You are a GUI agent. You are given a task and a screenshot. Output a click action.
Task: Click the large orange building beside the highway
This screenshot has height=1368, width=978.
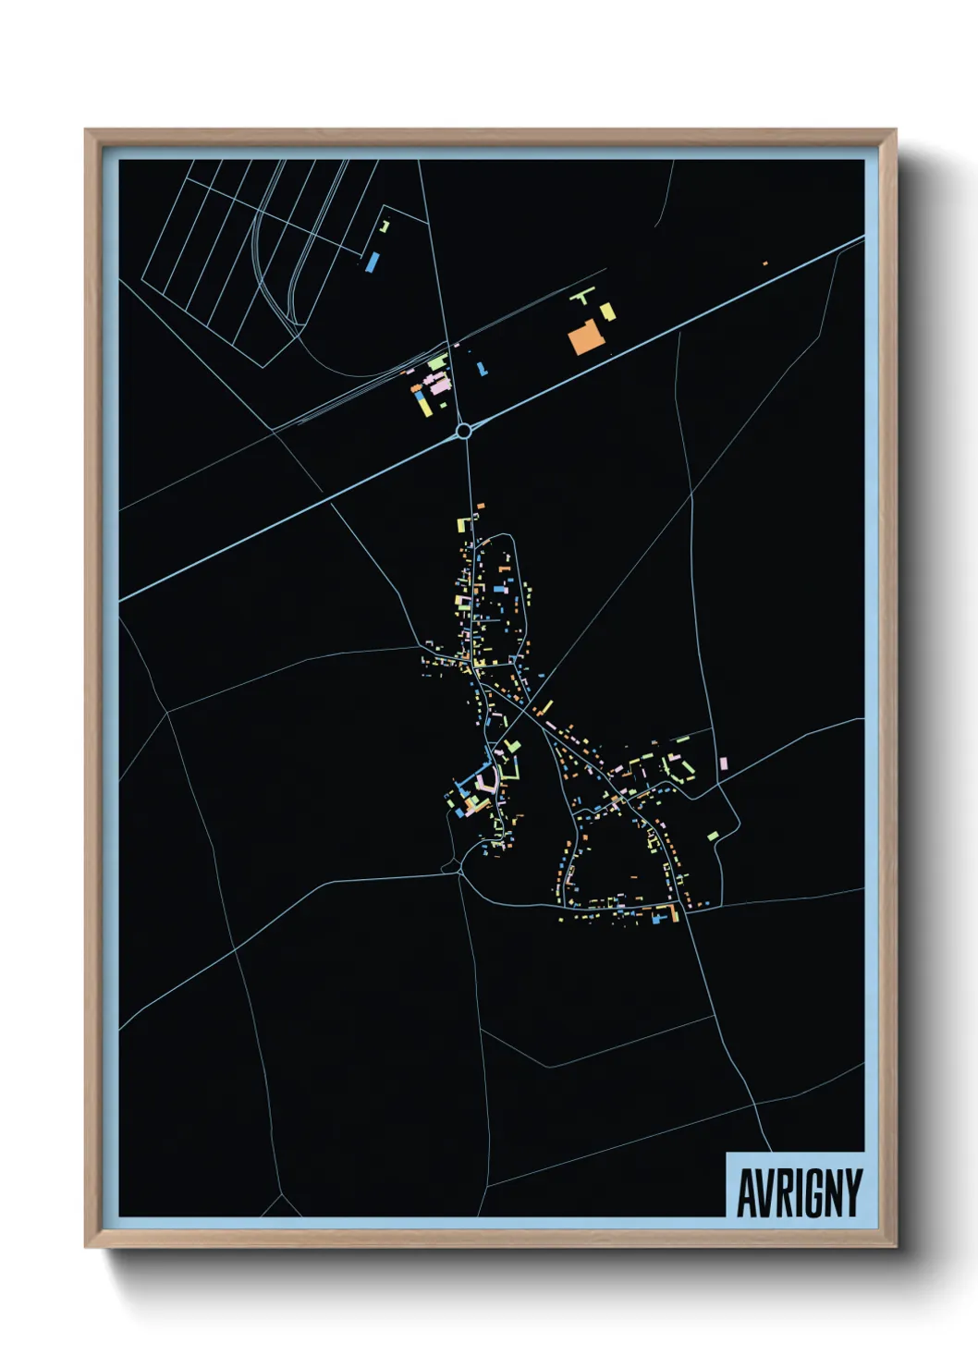[x=585, y=337]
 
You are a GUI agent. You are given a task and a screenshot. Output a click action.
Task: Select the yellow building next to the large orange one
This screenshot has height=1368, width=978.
[x=607, y=311]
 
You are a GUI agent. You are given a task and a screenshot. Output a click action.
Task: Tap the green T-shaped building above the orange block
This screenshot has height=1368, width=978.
[x=581, y=297]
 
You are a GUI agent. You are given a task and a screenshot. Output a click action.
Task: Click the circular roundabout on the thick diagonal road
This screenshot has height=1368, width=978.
[x=464, y=430]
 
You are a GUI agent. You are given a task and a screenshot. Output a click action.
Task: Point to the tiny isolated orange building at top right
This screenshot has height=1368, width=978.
[x=764, y=263]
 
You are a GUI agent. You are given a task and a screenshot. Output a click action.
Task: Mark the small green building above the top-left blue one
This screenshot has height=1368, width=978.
[x=385, y=226]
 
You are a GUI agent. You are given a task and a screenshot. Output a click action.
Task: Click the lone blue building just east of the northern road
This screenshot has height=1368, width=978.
[x=481, y=368]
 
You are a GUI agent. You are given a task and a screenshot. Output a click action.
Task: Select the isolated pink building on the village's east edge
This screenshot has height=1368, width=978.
[x=723, y=763]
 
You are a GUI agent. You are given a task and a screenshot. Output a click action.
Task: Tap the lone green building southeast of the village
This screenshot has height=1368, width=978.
[x=713, y=836]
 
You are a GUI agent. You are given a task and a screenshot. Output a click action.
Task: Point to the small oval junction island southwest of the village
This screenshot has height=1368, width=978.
[x=452, y=866]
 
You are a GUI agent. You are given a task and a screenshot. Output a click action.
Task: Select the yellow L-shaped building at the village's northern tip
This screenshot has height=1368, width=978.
[x=463, y=524]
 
